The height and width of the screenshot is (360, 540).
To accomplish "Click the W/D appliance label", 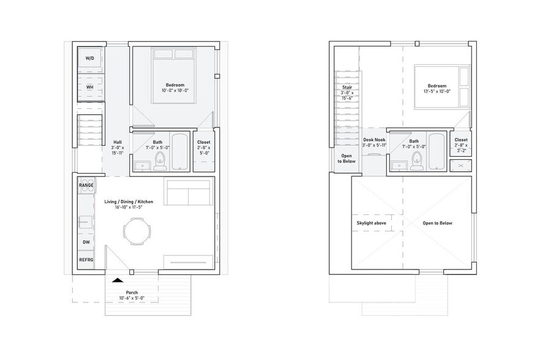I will pyautogui.click(x=90, y=58).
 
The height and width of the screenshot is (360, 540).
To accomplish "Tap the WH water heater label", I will pyautogui.click(x=89, y=87).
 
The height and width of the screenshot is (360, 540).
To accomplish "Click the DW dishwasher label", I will pyautogui.click(x=86, y=242).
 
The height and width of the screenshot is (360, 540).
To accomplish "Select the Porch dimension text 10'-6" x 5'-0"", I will pyautogui.click(x=132, y=298).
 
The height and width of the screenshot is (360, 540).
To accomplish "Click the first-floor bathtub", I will pyautogui.click(x=180, y=152).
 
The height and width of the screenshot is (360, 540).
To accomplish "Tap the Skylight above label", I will pyautogui.click(x=371, y=223).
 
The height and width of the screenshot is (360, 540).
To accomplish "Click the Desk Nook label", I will pyautogui.click(x=373, y=140).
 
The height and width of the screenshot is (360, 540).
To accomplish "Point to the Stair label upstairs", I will pyautogui.click(x=347, y=87).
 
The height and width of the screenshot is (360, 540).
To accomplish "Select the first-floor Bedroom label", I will pyautogui.click(x=174, y=84).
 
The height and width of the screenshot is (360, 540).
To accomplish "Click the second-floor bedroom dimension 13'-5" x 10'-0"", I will pyautogui.click(x=437, y=91).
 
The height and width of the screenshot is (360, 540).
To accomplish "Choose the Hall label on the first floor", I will pyautogui.click(x=118, y=142).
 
